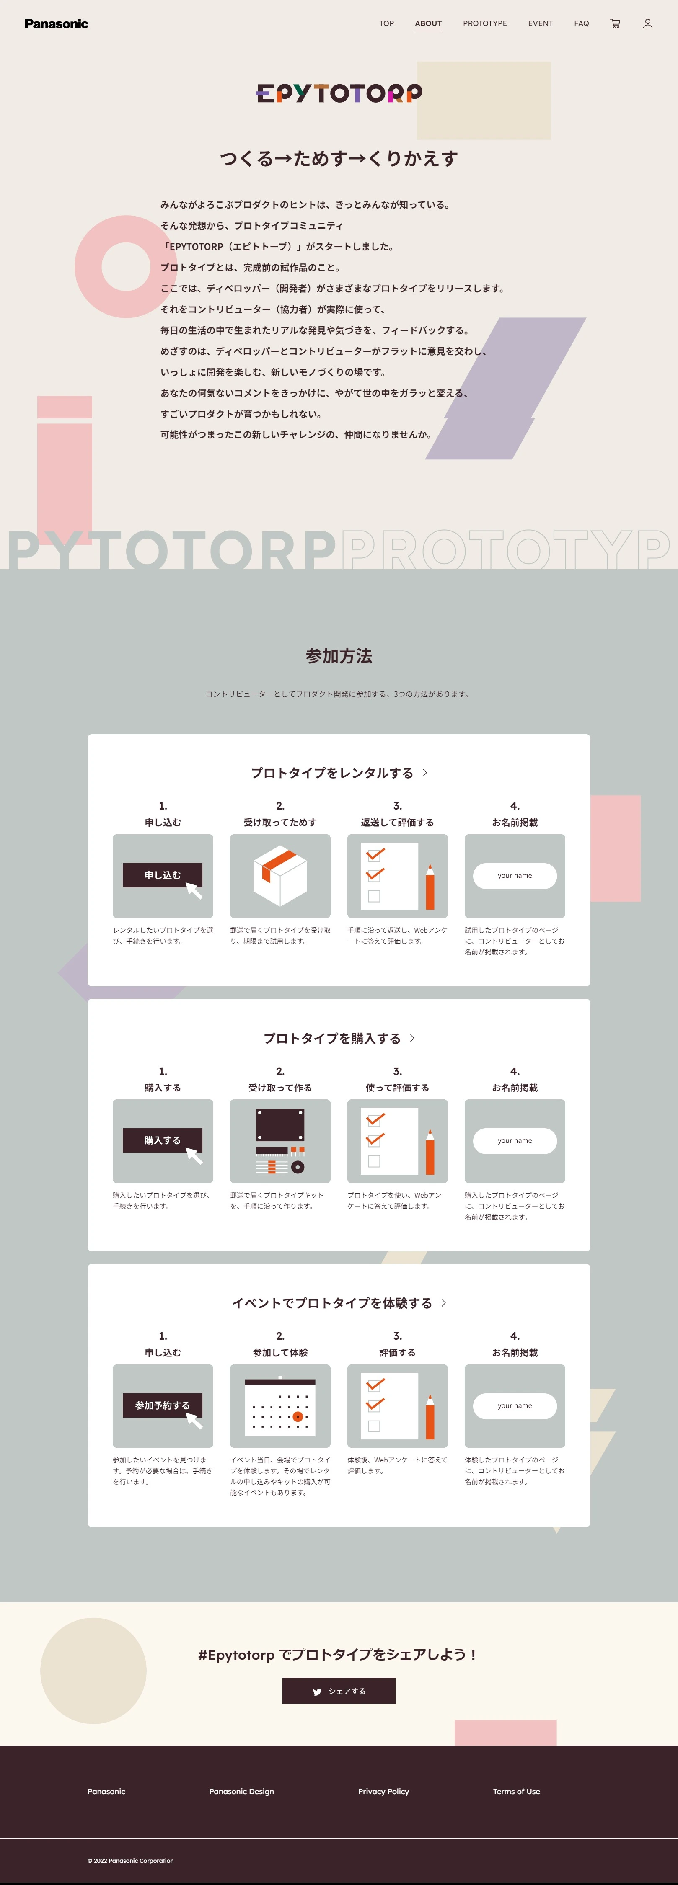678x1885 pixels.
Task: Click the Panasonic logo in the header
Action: click(x=57, y=23)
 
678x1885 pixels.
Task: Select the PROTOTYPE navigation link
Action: click(x=485, y=23)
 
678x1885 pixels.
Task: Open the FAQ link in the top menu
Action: click(x=581, y=23)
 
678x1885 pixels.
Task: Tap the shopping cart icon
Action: click(x=615, y=23)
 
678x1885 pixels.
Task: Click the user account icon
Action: click(x=647, y=23)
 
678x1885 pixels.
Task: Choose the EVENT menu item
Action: click(x=541, y=23)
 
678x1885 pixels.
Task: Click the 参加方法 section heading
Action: click(x=339, y=656)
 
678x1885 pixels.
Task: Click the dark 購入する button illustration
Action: click(x=163, y=1140)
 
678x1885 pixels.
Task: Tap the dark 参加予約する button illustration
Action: click(x=163, y=1405)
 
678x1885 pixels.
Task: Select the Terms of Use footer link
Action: click(x=516, y=1791)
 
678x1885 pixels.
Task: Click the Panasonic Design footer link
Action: click(x=242, y=1791)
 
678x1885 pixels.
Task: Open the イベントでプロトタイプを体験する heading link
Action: click(x=339, y=1302)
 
